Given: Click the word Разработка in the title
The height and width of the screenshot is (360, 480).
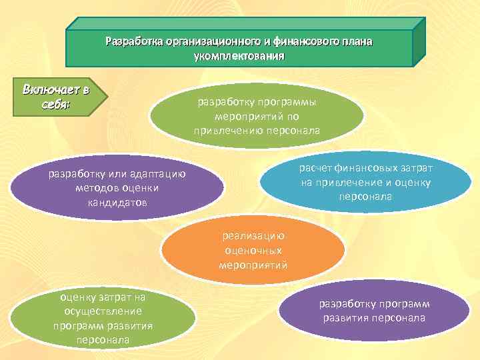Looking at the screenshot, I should pyautogui.click(x=134, y=42).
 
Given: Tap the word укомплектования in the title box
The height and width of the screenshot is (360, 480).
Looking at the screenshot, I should pyautogui.click(x=239, y=57).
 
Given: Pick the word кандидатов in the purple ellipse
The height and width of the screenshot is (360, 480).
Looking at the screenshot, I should pyautogui.click(x=118, y=202).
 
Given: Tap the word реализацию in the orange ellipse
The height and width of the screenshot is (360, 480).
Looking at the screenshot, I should pyautogui.click(x=253, y=235).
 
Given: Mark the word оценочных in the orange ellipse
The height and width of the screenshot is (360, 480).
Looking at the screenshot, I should pyautogui.click(x=253, y=250).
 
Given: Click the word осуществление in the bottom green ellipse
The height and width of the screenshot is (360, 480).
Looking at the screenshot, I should pyautogui.click(x=103, y=311).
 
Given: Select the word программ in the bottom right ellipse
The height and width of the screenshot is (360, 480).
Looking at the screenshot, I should pyautogui.click(x=401, y=303).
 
